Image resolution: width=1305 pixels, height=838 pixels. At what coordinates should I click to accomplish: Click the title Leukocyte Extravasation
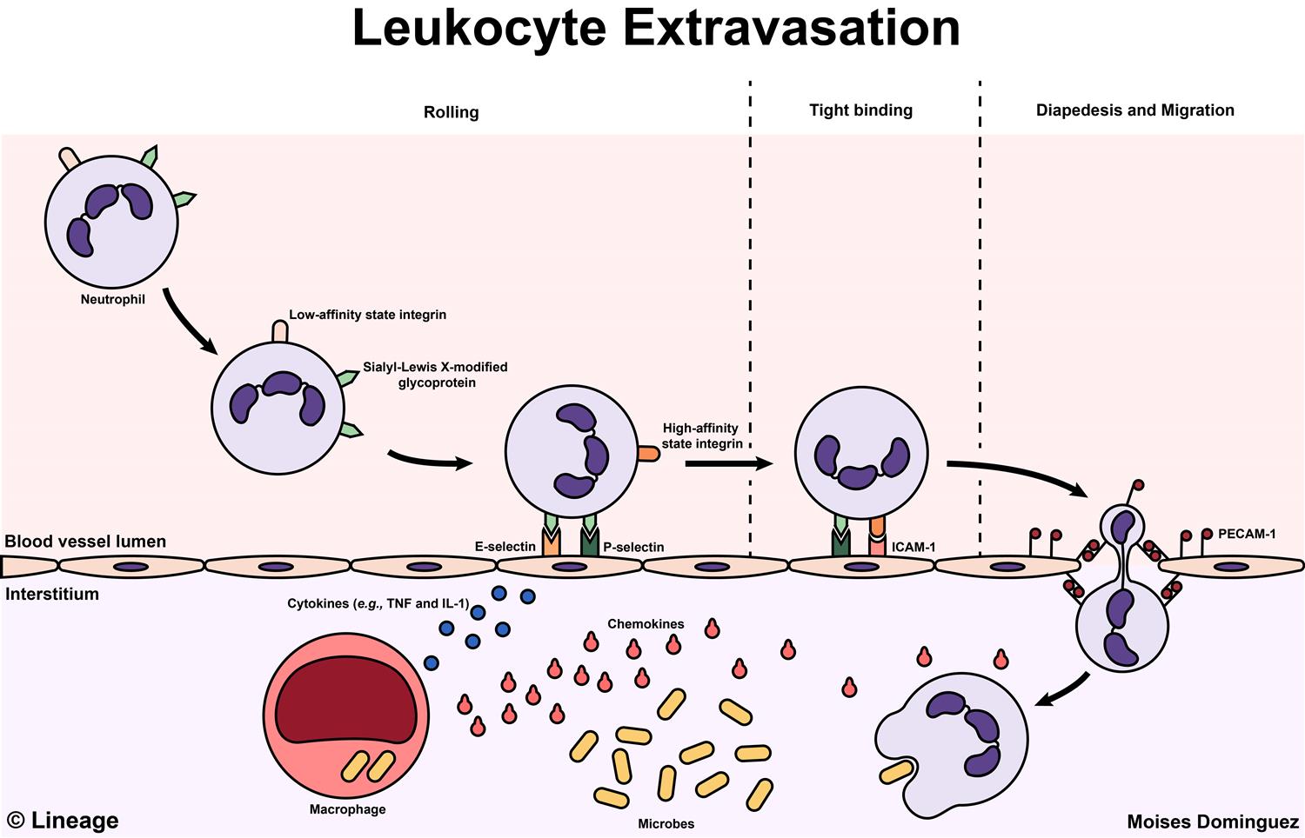tap(656, 28)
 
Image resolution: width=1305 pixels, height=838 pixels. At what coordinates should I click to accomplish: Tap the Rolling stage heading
tap(451, 112)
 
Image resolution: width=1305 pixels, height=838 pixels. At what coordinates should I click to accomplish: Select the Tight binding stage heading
tap(860, 110)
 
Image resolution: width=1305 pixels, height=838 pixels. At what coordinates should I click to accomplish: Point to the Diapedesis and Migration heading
tap(1134, 110)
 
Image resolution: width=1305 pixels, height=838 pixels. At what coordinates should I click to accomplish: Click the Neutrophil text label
tap(113, 300)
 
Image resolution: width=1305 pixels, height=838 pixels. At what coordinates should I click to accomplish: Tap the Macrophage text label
tap(347, 809)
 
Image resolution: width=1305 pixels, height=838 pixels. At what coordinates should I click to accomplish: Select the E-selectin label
tap(505, 547)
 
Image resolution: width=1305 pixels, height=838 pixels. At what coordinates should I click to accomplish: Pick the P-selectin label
tap(633, 548)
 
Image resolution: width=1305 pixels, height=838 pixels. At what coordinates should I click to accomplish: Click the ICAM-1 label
tap(913, 548)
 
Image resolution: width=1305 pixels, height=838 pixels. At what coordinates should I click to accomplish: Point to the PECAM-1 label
tap(1246, 534)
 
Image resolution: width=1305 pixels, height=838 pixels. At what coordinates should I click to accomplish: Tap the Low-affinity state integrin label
tap(367, 315)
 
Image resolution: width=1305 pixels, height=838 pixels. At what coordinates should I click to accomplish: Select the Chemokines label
tap(646, 624)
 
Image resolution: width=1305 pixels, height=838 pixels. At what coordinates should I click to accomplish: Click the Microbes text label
tap(666, 823)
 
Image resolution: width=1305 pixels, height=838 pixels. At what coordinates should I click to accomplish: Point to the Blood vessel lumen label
tap(85, 542)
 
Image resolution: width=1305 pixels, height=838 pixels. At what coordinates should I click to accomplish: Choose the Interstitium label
tap(52, 595)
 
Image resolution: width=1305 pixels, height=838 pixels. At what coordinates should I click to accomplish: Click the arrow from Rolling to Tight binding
tap(728, 463)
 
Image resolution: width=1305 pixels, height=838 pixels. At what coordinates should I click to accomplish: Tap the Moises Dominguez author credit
tap(1212, 821)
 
